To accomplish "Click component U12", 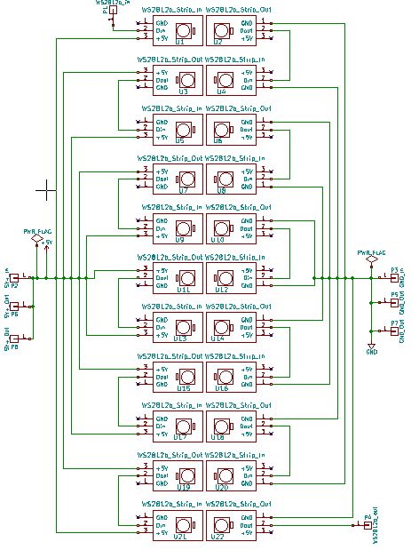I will click(230, 276).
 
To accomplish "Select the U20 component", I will click(230, 474).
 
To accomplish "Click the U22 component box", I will click(230, 524).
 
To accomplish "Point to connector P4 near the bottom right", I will click(368, 525).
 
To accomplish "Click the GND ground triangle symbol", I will click(372, 345).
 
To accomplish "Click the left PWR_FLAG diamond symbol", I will click(36, 239).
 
